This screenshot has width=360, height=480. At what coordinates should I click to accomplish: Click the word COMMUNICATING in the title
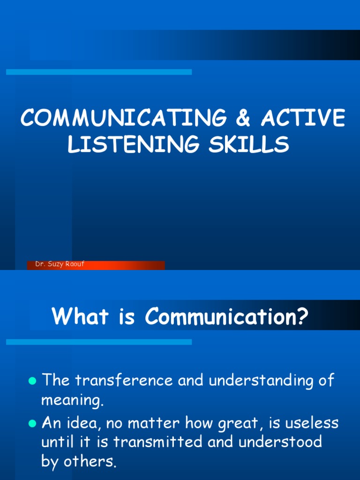click(x=124, y=118)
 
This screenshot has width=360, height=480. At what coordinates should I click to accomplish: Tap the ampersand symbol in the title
click(x=243, y=118)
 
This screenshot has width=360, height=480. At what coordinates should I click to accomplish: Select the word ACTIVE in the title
click(x=303, y=118)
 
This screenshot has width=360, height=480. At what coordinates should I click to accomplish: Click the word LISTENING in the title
click(x=133, y=144)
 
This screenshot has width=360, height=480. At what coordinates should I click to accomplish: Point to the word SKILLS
click(x=248, y=144)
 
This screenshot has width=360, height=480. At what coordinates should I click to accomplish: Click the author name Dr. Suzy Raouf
click(x=60, y=264)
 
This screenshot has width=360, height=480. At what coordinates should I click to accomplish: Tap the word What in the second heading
click(x=80, y=316)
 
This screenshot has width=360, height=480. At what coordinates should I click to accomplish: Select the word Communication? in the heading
click(x=226, y=316)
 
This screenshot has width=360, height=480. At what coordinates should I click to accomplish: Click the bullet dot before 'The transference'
click(x=32, y=381)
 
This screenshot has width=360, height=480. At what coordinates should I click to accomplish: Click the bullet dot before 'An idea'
click(x=32, y=424)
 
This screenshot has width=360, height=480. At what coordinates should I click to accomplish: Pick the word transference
click(x=124, y=380)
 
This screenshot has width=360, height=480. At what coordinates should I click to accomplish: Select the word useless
click(x=312, y=423)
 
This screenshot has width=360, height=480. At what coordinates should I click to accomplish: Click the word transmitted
click(x=157, y=442)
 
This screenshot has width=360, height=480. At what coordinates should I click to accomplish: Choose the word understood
click(x=280, y=442)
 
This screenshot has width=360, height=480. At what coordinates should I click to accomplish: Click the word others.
click(x=90, y=461)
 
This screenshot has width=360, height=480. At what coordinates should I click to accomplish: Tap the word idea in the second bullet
click(x=84, y=423)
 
